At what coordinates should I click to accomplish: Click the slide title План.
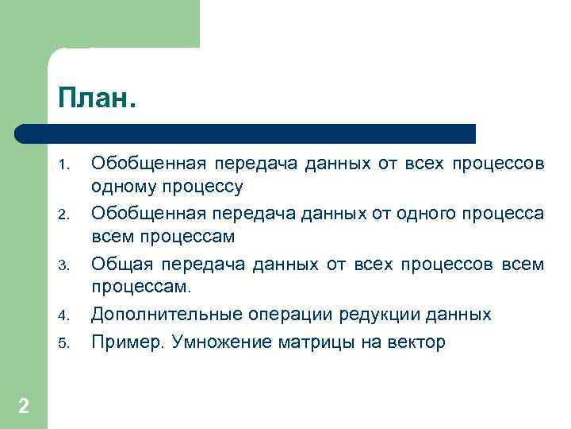(x=97, y=100)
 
